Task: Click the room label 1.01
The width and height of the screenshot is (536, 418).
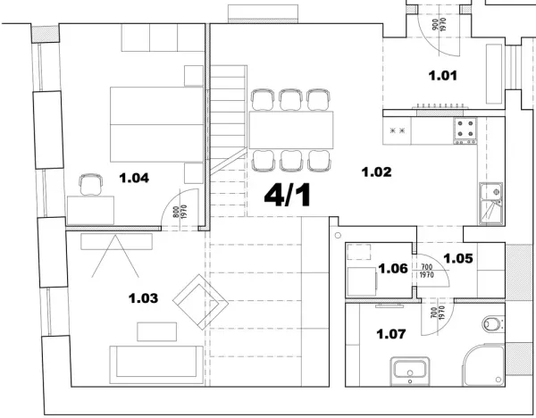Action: pyautogui.click(x=443, y=76)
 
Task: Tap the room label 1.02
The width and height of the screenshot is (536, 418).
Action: pyautogui.click(x=376, y=171)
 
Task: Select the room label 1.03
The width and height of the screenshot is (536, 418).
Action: pyautogui.click(x=143, y=298)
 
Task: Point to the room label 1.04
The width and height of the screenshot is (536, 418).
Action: pyautogui.click(x=134, y=178)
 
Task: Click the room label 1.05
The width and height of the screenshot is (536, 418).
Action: pyautogui.click(x=458, y=258)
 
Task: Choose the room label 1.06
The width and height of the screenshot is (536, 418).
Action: pyautogui.click(x=393, y=269)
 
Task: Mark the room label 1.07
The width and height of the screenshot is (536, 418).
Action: pyautogui.click(x=391, y=334)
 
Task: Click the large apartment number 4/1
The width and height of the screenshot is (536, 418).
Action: pyautogui.click(x=288, y=196)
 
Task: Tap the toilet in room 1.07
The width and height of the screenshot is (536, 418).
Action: pyautogui.click(x=493, y=323)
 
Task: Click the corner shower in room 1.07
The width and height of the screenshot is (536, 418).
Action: pyautogui.click(x=483, y=365)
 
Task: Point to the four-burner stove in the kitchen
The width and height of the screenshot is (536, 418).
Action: pyautogui.click(x=465, y=130)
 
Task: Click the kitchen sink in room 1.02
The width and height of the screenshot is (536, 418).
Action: pyautogui.click(x=491, y=204)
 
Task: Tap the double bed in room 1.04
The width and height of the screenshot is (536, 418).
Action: pyautogui.click(x=156, y=124)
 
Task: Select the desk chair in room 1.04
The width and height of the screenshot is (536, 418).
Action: pyautogui.click(x=91, y=185)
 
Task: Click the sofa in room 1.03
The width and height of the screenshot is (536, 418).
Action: pyautogui.click(x=156, y=364)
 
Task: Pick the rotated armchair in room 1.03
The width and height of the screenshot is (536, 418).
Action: pyautogui.click(x=200, y=302)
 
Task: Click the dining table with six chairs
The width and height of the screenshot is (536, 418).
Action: pyautogui.click(x=291, y=130)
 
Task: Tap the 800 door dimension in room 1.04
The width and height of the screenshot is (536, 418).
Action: pyautogui.click(x=176, y=212)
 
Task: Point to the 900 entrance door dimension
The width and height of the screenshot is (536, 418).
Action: pyautogui.click(x=435, y=25)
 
